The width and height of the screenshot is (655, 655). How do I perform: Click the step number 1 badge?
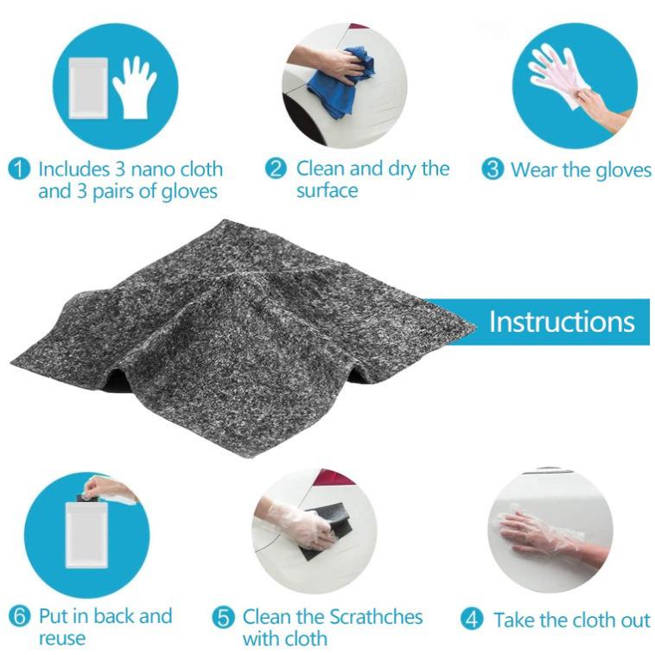[x=19, y=169]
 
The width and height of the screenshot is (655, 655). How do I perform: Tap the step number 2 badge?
[x=276, y=169]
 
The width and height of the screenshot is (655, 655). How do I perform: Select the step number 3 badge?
[x=493, y=169]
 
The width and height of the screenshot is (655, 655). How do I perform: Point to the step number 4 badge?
[x=471, y=620]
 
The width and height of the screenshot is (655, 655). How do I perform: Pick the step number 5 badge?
[x=224, y=618]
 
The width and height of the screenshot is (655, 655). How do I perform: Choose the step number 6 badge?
[x=20, y=617]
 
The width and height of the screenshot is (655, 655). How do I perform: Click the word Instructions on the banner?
[x=562, y=321]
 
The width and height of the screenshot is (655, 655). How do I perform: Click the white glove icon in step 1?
[x=134, y=87]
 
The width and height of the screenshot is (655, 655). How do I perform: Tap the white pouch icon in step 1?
[x=89, y=87]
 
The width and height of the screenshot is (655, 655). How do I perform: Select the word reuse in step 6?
[x=61, y=639]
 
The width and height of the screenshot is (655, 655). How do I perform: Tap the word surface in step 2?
[x=327, y=190]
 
